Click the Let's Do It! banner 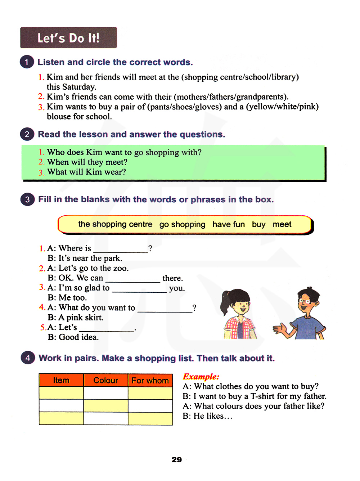tap(68, 38)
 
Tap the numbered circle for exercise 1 tap(27, 62)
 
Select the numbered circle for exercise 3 tap(27, 199)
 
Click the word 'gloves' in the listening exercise tap(208, 107)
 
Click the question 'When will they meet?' tap(87, 162)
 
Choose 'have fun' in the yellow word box tap(229, 224)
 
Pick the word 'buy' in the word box tap(258, 224)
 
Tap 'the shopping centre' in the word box tap(115, 224)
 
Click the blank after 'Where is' tap(121, 249)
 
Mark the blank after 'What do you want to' tap(165, 309)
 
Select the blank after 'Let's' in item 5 tap(107, 328)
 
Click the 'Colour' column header tap(106, 381)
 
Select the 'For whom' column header tap(150, 381)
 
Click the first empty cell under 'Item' tap(61, 393)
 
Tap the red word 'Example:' tap(201, 377)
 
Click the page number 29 tap(177, 460)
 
